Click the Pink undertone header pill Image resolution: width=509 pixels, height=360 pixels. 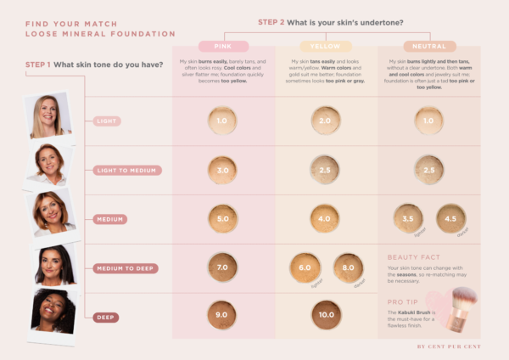(223, 47)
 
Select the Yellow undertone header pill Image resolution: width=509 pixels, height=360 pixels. (326, 47)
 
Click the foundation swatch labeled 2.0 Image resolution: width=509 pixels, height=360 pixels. (326, 121)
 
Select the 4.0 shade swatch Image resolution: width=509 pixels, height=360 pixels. (326, 218)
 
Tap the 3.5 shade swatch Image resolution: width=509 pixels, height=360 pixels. (407, 218)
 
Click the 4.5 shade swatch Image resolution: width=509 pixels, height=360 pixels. (450, 218)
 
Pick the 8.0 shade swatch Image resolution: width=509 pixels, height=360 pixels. (348, 267)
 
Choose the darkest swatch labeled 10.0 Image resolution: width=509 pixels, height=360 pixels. (326, 315)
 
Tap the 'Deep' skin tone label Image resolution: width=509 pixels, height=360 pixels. (106, 317)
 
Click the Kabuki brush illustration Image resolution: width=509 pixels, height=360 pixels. (462, 306)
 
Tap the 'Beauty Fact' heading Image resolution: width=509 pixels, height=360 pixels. (413, 256)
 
